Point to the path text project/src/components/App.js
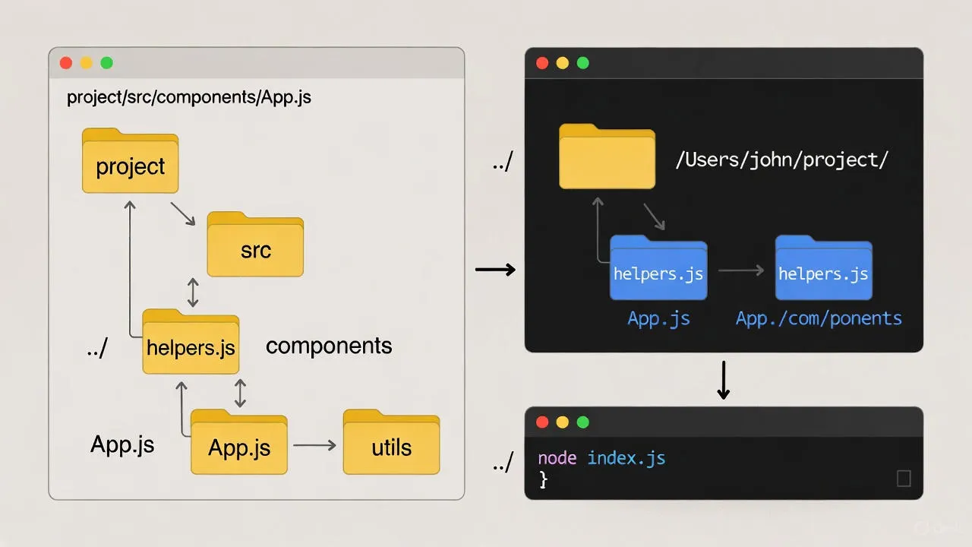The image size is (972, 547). pyautogui.click(x=189, y=98)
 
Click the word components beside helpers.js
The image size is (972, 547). pyautogui.click(x=329, y=346)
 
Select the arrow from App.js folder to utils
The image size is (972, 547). pyautogui.click(x=314, y=445)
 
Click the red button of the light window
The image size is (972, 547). pyautogui.click(x=66, y=63)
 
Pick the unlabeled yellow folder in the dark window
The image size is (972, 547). pyautogui.click(x=607, y=157)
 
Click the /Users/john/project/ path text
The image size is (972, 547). pyautogui.click(x=781, y=160)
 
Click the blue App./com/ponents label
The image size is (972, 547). pyautogui.click(x=819, y=318)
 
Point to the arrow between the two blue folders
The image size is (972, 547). pyautogui.click(x=740, y=270)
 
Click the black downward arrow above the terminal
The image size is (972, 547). pyautogui.click(x=723, y=380)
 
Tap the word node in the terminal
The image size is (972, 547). pyautogui.click(x=557, y=458)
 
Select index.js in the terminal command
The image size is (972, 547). pyautogui.click(x=626, y=458)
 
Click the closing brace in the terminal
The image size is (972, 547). pyautogui.click(x=543, y=479)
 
